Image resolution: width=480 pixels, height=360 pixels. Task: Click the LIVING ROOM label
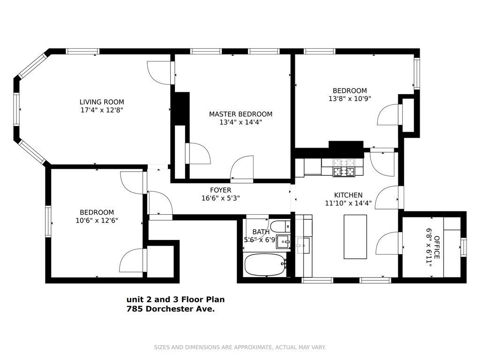102,102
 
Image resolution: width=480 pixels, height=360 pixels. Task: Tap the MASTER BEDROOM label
240,114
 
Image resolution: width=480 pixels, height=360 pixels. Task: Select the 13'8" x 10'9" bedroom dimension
350,99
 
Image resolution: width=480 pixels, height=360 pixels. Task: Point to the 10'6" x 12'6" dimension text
96,220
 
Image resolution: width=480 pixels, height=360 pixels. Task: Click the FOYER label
220,190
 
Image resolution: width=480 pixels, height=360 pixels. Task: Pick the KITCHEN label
348,195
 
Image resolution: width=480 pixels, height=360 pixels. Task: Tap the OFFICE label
437,247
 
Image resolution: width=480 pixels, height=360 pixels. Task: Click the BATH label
261,232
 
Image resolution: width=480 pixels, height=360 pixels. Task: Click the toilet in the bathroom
280,226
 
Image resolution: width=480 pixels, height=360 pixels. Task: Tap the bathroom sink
283,242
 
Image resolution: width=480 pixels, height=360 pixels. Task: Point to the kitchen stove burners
344,168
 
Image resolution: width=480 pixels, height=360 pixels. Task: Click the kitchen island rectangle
355,237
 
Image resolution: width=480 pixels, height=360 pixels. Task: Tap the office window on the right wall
463,247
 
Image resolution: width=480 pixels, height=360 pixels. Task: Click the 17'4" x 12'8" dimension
102,110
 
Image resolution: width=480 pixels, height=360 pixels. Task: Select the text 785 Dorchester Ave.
171,309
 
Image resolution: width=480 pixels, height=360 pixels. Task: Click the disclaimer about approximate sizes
240,347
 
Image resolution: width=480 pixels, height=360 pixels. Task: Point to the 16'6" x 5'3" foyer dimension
220,198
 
